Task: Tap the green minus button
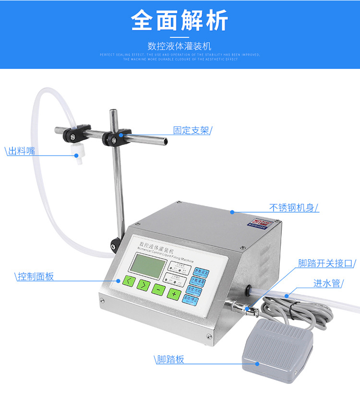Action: pos(158,289)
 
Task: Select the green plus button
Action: pos(174,293)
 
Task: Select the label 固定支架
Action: pos(192,130)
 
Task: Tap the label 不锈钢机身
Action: pos(293,208)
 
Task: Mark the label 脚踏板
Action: pos(170,360)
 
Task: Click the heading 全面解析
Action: pos(180,21)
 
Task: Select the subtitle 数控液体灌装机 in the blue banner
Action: pos(180,47)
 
